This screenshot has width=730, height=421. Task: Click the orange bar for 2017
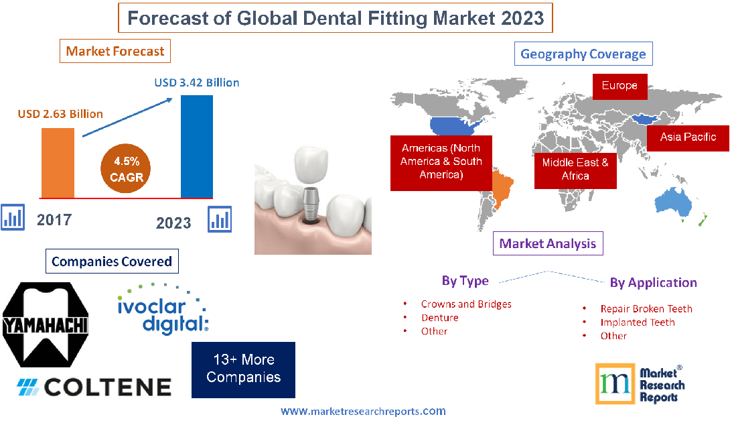58,163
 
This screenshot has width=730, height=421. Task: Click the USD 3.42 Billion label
196,83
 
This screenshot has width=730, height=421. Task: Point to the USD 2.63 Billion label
60,114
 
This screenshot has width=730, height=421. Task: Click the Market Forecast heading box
115,51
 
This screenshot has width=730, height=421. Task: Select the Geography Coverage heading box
583,54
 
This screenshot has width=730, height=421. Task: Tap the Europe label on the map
619,86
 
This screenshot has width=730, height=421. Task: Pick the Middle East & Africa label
575,169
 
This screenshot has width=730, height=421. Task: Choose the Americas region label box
441,162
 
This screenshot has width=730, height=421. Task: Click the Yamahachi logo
46,325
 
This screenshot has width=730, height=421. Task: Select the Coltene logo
94,387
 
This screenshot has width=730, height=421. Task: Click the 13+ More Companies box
243,369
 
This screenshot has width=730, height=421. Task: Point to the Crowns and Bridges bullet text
466,304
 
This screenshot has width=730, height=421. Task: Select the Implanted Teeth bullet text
637,322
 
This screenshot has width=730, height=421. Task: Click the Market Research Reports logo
640,383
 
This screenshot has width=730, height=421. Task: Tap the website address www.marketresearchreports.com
363,411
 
